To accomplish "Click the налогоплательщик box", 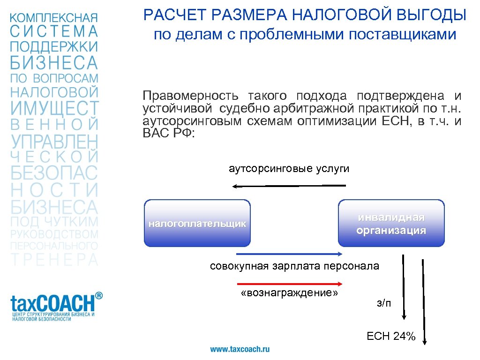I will pyautogui.click(x=197, y=223).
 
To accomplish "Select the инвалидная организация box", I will pyautogui.click(x=391, y=223).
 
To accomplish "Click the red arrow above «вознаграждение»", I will pyautogui.click(x=290, y=284).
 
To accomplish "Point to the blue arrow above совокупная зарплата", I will pyautogui.click(x=290, y=254).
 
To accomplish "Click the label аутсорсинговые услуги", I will pyautogui.click(x=289, y=169).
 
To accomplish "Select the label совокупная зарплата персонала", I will pyautogui.click(x=294, y=266).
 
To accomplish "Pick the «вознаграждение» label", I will pyautogui.click(x=289, y=293).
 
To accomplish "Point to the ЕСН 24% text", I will pyautogui.click(x=391, y=336).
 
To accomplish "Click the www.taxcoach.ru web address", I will pyautogui.click(x=240, y=349).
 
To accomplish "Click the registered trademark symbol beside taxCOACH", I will pyautogui.click(x=98, y=296).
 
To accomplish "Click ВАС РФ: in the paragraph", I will pyautogui.click(x=168, y=133).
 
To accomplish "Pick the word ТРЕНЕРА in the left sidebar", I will pyautogui.click(x=55, y=260).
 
